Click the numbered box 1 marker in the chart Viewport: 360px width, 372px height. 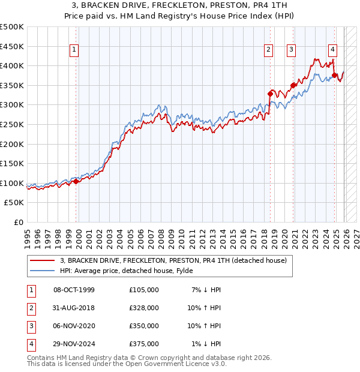click(x=74, y=50)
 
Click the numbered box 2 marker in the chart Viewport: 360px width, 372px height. click(x=268, y=50)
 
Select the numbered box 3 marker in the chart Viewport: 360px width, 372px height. click(x=291, y=50)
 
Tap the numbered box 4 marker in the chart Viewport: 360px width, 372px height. click(x=332, y=50)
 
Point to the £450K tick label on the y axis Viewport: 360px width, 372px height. click(x=12, y=46)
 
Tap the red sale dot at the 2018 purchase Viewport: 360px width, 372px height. click(x=271, y=94)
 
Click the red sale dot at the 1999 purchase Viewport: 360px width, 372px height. click(x=76, y=181)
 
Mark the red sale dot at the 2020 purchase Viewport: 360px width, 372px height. click(x=293, y=85)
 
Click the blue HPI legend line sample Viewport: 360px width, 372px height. click(x=43, y=270)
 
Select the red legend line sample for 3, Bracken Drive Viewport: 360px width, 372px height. click(x=43, y=260)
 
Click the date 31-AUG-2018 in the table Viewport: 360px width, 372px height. click(x=74, y=308)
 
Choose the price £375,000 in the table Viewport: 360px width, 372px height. click(x=144, y=344)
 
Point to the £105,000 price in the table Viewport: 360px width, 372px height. click(x=144, y=290)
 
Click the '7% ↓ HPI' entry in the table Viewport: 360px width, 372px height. click(x=206, y=290)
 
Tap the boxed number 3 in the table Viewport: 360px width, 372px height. click(x=29, y=326)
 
